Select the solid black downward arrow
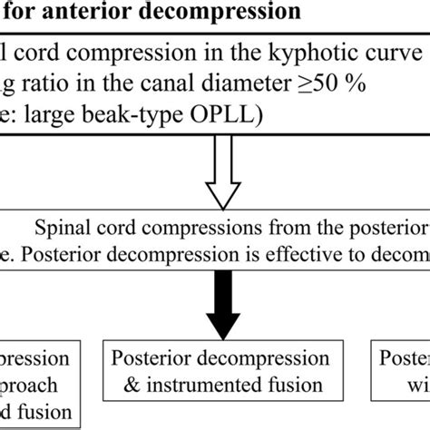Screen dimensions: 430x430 [214, 304]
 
